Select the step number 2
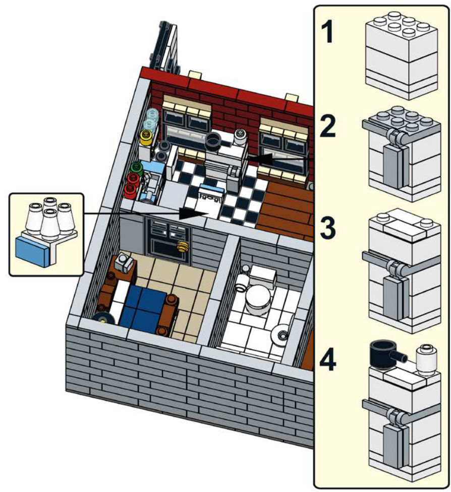[328, 126]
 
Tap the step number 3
[328, 229]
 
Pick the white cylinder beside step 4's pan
[426, 359]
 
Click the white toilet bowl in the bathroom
[258, 299]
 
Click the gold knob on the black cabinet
[183, 247]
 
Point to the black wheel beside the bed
[104, 319]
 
